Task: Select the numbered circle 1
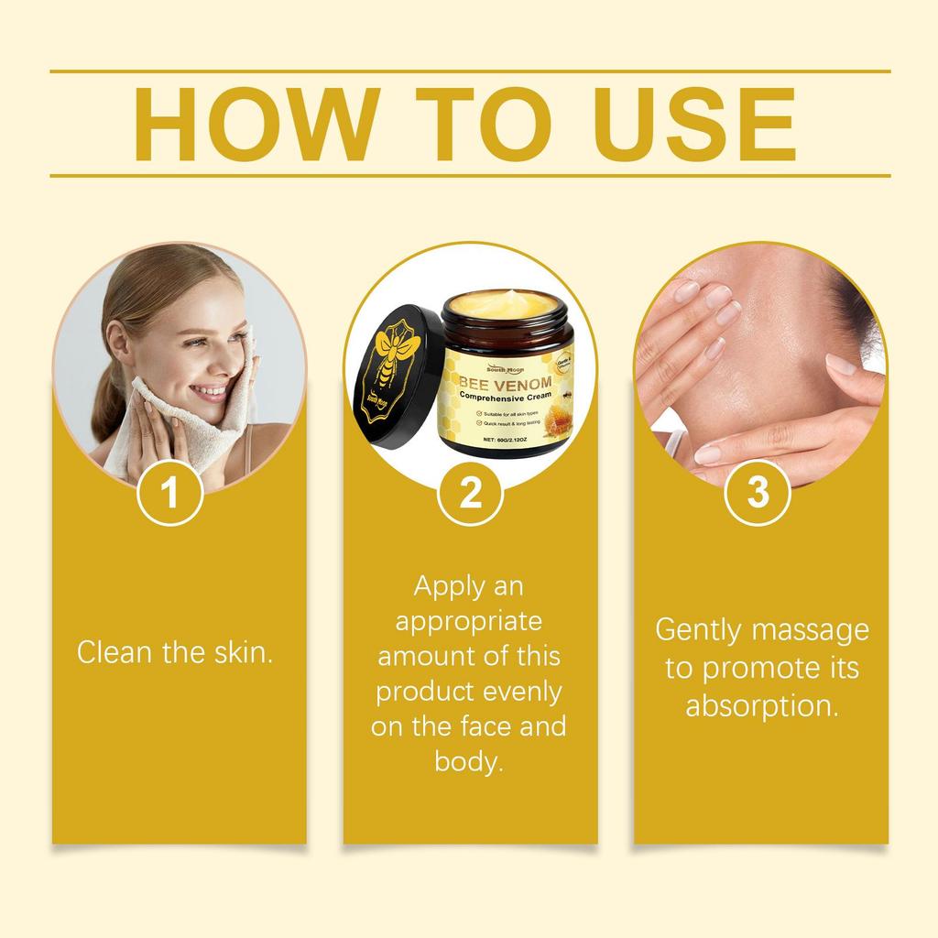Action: pos(169,493)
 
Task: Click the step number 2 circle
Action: pos(470,493)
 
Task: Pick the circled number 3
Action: pos(758,493)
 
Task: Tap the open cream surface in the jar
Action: pos(502,303)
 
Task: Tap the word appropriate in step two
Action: pos(469,620)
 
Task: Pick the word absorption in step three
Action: pos(761,706)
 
